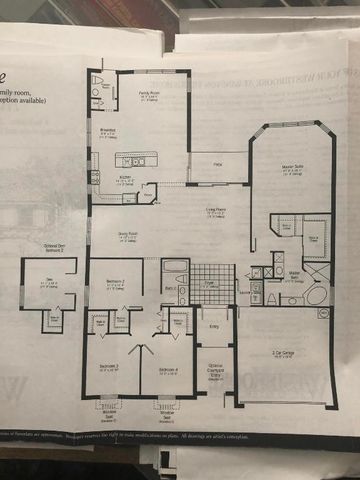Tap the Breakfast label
point(107,129)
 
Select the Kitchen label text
point(125,179)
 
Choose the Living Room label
point(216,210)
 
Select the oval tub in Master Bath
point(316,296)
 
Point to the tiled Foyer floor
point(212,283)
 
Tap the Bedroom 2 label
point(115,283)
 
